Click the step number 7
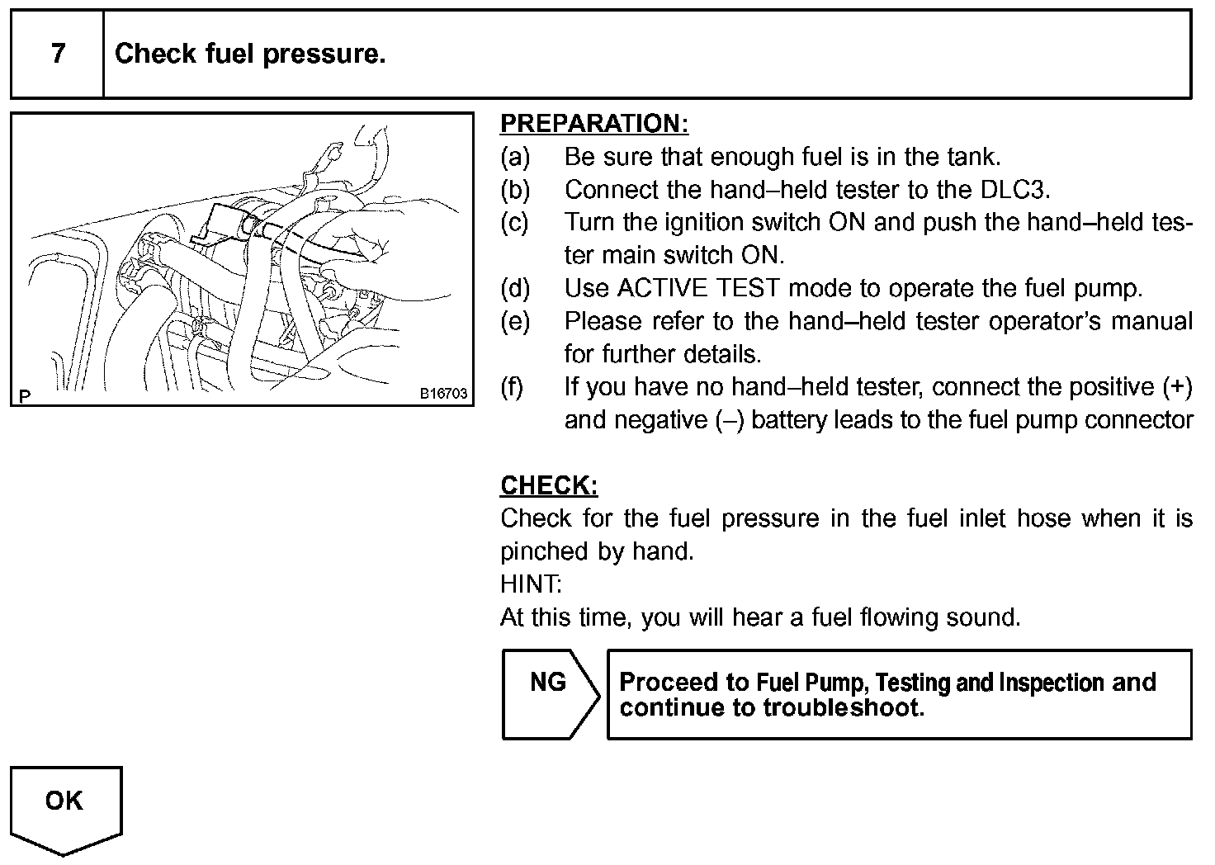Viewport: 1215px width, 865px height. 57,54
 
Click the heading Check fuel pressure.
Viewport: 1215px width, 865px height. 250,54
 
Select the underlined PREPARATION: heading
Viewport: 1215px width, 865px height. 593,124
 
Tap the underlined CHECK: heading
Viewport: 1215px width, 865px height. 549,485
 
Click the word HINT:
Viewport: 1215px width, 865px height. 530,584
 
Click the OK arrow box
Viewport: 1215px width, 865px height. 65,806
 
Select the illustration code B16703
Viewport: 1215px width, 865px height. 443,394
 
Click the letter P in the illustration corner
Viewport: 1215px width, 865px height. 25,395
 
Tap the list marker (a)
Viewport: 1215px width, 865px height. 516,157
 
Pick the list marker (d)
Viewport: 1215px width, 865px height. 516,288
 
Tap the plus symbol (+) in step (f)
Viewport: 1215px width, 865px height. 1175,386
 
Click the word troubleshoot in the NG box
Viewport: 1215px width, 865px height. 840,708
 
